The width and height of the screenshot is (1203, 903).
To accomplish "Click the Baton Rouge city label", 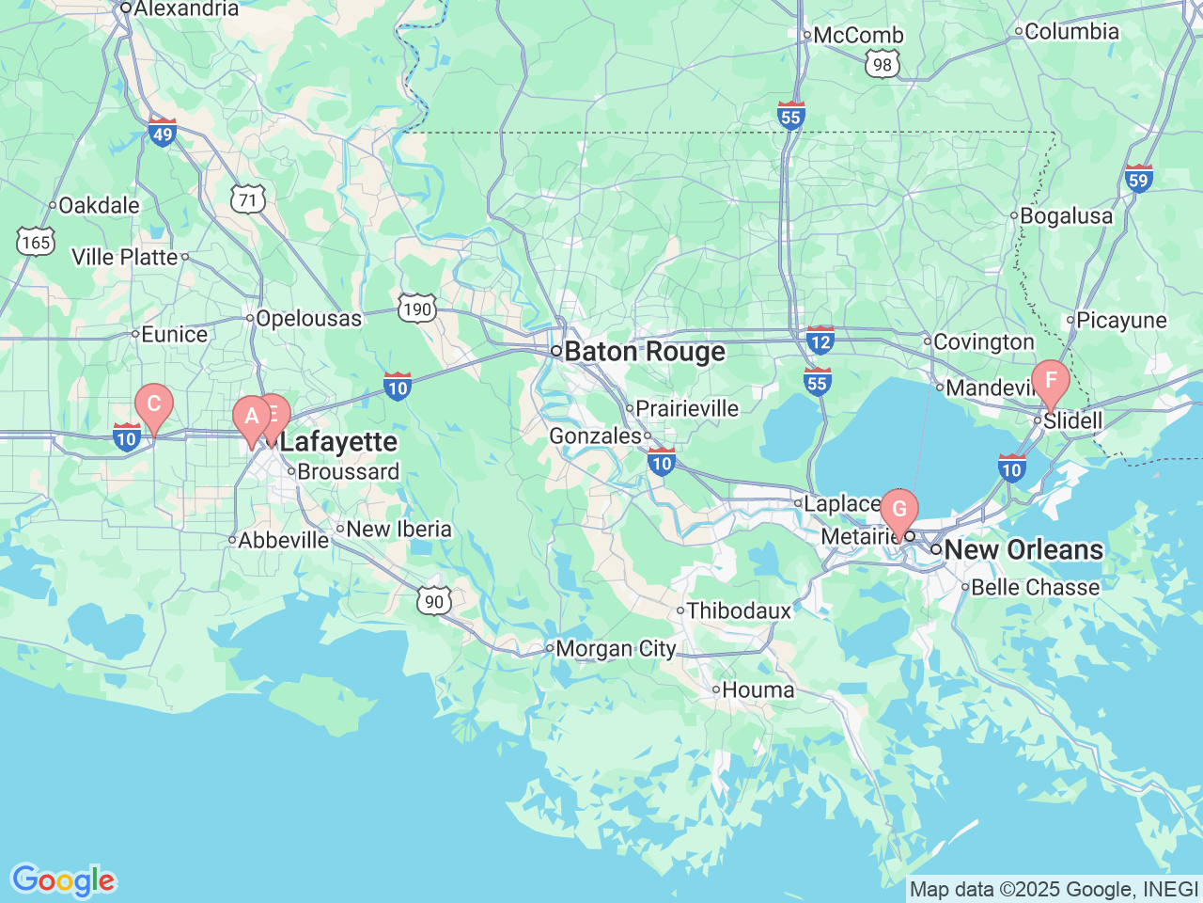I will [x=645, y=352].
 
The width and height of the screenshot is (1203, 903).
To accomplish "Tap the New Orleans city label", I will [x=1023, y=549].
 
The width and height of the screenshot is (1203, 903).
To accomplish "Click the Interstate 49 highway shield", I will [x=163, y=134].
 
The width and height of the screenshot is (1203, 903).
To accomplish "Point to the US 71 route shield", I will [x=248, y=199].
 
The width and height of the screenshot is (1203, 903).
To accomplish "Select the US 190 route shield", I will [x=416, y=309].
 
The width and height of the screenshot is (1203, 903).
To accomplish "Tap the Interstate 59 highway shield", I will [x=1138, y=179].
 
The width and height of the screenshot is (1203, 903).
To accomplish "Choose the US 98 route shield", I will [x=882, y=64].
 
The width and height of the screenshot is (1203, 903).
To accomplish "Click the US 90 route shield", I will [x=433, y=602].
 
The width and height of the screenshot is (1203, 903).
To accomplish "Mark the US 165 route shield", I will [x=35, y=242].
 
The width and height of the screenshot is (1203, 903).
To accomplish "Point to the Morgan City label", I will [x=616, y=649].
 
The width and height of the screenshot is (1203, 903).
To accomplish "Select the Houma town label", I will [x=758, y=690].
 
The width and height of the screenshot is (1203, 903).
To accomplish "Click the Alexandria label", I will [x=185, y=9].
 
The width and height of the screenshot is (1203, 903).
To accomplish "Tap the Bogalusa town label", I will [x=1066, y=216].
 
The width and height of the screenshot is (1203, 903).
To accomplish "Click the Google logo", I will [x=63, y=880].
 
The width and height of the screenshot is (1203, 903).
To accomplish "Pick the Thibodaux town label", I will [x=739, y=611].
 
